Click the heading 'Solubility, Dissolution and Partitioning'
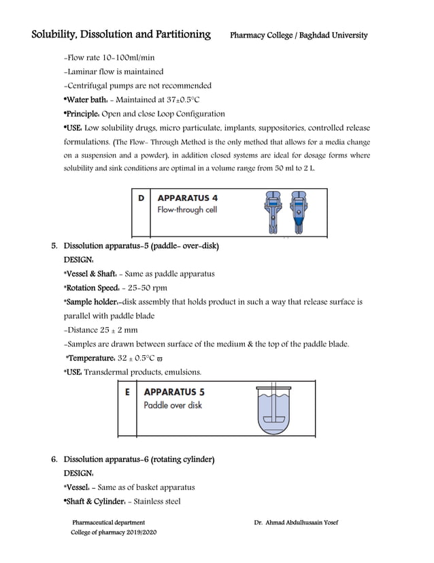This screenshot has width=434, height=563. [121, 34]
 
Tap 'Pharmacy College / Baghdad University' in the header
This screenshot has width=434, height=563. [299, 35]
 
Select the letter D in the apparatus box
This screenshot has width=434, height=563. [141, 198]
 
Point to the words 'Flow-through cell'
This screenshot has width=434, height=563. [187, 210]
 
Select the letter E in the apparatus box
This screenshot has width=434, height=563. [127, 393]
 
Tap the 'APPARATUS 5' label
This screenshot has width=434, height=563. [174, 393]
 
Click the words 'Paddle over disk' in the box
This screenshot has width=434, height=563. [172, 405]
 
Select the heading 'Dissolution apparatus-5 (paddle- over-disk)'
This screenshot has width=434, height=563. [141, 245]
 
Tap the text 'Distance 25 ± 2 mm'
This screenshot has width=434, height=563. [100, 330]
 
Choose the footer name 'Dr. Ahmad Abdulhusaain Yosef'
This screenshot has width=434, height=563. [296, 522]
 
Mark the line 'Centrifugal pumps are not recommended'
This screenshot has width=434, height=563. [137, 86]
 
